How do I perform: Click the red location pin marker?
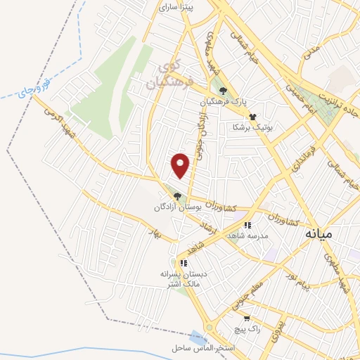181,166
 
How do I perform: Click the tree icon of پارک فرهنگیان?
224,90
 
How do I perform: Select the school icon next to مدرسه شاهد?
247,225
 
